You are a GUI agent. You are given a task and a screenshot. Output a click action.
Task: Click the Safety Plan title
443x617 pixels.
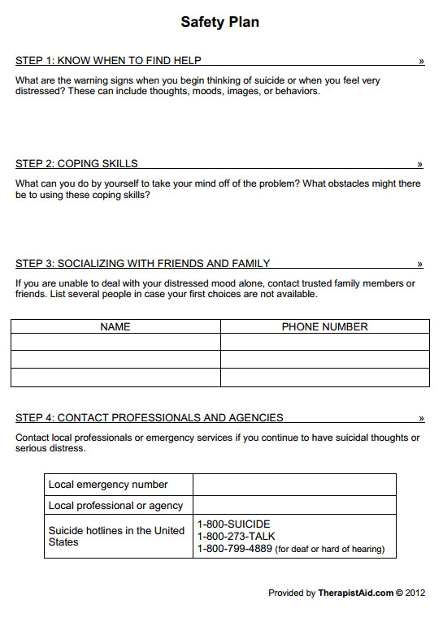[x=220, y=22]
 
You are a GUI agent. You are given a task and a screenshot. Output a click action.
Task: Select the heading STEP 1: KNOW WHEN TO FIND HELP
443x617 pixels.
[x=108, y=61]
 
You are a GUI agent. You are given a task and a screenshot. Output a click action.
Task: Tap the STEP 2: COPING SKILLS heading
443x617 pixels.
[x=76, y=163]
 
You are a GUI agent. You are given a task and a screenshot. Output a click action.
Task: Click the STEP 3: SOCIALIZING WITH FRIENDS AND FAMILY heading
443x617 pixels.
[x=142, y=263]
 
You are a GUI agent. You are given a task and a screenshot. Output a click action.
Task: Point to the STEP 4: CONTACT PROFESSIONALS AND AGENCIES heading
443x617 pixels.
[x=149, y=418]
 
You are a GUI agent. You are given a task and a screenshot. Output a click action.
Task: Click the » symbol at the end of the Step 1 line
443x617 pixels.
[x=421, y=61]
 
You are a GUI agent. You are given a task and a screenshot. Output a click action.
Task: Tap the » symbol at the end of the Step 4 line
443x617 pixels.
[x=421, y=419]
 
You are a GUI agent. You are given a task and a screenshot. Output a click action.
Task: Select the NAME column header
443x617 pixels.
[x=115, y=327]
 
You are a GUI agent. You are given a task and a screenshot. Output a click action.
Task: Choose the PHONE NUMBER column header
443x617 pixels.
[x=324, y=327]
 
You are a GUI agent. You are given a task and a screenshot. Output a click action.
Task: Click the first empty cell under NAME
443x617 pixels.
[x=115, y=342]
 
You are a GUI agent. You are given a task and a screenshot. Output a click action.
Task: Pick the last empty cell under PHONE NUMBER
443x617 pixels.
[x=324, y=378]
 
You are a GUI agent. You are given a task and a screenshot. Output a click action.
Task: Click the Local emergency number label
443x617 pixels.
[x=108, y=485]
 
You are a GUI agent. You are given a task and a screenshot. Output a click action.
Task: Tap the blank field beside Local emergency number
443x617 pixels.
[x=294, y=485]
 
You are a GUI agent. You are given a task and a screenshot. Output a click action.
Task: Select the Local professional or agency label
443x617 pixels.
[x=115, y=505]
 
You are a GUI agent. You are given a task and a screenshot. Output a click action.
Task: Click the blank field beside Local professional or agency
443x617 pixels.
[x=294, y=505]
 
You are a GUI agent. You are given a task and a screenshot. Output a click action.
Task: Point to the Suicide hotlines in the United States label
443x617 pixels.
[x=116, y=536]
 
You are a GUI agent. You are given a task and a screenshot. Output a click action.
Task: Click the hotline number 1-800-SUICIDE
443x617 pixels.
[x=233, y=524]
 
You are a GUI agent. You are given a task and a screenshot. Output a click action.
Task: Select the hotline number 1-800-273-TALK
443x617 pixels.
[x=237, y=537]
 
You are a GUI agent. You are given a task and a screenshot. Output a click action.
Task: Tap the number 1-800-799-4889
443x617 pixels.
[x=234, y=549]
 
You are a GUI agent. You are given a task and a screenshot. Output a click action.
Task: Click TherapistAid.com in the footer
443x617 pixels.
[x=355, y=593]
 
